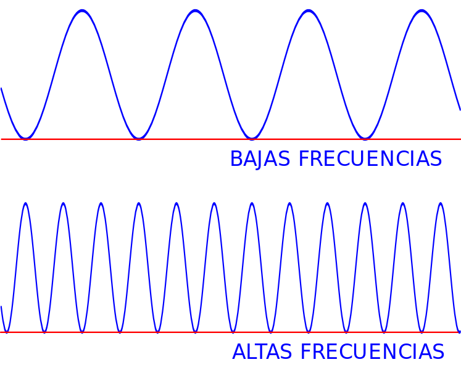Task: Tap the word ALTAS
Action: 262,351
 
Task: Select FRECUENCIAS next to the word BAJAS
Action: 370,158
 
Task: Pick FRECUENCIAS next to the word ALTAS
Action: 372,351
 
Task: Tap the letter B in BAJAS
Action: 236,158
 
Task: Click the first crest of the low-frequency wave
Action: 82,11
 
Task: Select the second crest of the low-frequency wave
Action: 195,11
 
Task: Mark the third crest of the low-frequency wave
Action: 309,11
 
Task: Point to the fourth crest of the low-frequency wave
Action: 422,11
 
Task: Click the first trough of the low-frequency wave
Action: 25,138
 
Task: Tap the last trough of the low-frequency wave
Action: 365,138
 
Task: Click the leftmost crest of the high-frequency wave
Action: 26,203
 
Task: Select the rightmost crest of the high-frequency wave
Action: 441,203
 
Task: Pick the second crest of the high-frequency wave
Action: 64,203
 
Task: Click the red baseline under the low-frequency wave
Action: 231,139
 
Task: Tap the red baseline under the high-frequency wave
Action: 231,332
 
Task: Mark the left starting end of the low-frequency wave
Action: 1,88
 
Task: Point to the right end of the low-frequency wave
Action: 460,110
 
